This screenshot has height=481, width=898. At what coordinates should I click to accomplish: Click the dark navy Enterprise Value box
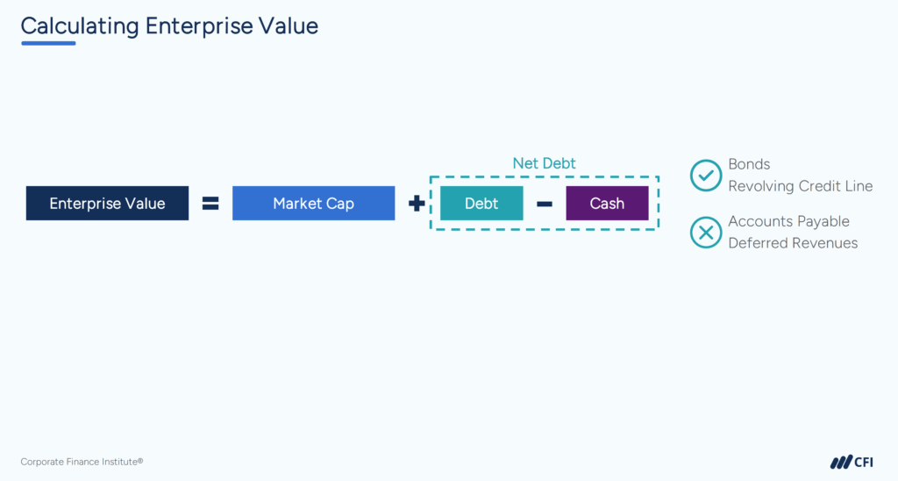pyautogui.click(x=107, y=204)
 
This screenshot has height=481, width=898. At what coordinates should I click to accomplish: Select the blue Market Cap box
pyautogui.click(x=313, y=204)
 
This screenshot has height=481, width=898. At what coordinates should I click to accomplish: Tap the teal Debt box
pyautogui.click(x=481, y=204)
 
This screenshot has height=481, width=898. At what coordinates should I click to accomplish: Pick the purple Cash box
pyautogui.click(x=607, y=204)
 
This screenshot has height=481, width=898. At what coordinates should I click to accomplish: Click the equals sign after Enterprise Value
pyautogui.click(x=210, y=204)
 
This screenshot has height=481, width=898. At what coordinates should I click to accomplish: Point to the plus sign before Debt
pyautogui.click(x=417, y=204)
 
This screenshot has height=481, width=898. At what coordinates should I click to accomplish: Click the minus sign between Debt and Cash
pyautogui.click(x=545, y=205)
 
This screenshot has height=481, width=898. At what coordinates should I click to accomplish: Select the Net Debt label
pyautogui.click(x=544, y=163)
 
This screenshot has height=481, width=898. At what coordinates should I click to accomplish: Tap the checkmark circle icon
pyautogui.click(x=705, y=176)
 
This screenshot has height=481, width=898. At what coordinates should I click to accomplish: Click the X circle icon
pyautogui.click(x=705, y=233)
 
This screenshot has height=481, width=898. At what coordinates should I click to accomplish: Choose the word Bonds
pyautogui.click(x=749, y=164)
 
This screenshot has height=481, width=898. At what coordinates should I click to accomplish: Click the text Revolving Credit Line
pyautogui.click(x=800, y=186)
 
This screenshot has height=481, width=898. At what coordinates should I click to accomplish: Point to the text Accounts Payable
pyautogui.click(x=788, y=221)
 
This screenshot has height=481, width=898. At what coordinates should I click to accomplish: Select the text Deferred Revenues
pyautogui.click(x=793, y=243)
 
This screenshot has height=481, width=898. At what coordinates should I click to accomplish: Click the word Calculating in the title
pyautogui.click(x=80, y=25)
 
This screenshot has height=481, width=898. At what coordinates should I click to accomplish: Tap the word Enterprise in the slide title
pyautogui.click(x=198, y=25)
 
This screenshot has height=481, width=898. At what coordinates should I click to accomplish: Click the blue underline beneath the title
pyautogui.click(x=48, y=43)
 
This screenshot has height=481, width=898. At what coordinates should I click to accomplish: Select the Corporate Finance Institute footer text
pyautogui.click(x=82, y=462)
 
